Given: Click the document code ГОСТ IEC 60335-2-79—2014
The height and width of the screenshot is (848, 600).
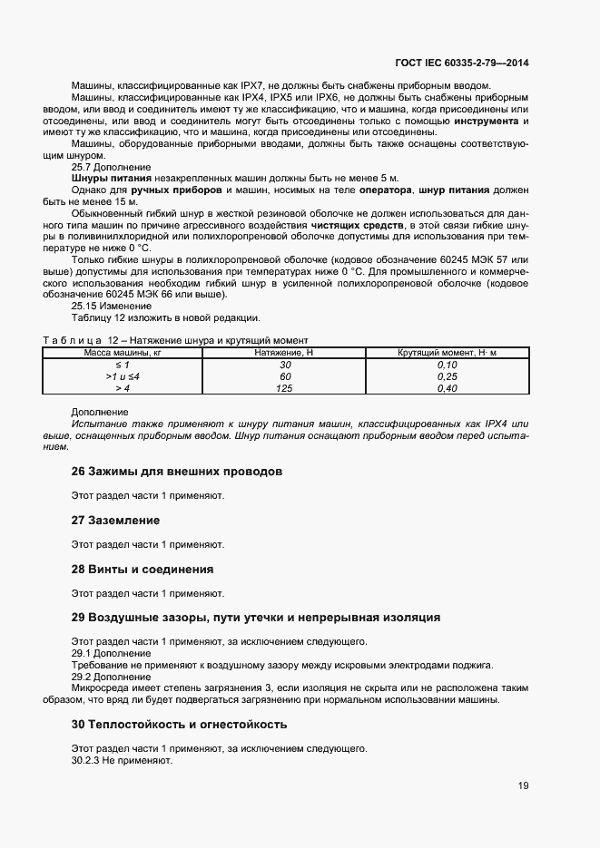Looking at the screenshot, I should click(462, 63).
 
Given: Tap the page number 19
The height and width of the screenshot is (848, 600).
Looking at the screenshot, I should click(523, 785).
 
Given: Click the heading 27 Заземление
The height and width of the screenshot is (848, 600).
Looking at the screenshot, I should click(115, 521).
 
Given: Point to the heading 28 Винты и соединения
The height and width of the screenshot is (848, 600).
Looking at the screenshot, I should click(143, 570).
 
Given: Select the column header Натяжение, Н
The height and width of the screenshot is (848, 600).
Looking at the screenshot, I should click(285, 352).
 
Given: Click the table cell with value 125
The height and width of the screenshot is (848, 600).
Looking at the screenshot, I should click(285, 387).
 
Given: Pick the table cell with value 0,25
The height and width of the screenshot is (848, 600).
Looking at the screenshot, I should click(448, 375).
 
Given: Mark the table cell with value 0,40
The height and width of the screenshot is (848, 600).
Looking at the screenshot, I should click(448, 387).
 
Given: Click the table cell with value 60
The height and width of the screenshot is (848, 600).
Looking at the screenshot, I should click(285, 375).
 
